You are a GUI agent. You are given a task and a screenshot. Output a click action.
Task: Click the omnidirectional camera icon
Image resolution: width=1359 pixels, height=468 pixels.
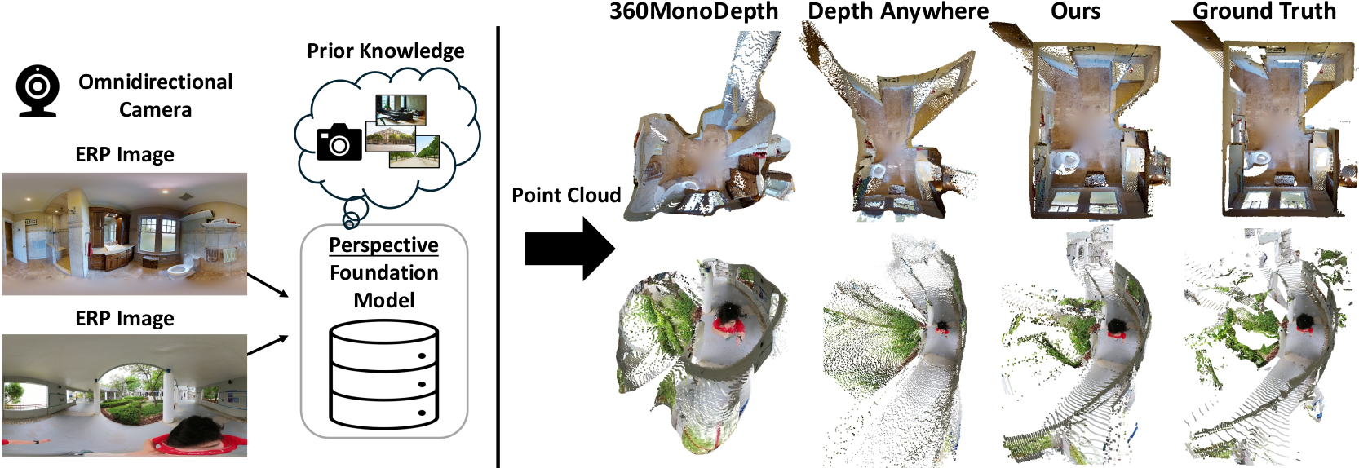pos(38,91)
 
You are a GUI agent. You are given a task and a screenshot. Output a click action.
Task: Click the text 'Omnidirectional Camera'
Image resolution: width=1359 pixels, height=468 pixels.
pos(155,95)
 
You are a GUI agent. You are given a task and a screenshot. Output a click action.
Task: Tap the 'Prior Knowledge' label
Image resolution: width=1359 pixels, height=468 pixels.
pos(385,51)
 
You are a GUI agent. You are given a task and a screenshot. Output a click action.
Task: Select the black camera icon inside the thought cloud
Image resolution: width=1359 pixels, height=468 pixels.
pos(339,143)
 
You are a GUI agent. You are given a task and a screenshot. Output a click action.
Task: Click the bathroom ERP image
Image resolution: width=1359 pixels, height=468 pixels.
pos(124,233)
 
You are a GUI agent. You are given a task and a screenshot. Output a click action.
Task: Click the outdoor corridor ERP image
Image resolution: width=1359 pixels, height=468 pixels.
pos(124,395)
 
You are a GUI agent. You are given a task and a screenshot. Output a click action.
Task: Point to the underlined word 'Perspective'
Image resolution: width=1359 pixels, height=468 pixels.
pos(383,245)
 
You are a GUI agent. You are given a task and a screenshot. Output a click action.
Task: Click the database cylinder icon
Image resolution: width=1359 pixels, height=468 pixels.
pos(383,374)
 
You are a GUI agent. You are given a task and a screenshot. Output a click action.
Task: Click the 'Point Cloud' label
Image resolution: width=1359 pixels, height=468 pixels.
pos(566,196)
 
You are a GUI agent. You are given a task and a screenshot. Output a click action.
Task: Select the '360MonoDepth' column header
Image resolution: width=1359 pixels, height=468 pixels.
pos(693,11)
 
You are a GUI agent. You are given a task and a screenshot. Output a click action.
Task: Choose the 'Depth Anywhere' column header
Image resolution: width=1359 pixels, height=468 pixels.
pos(897,11)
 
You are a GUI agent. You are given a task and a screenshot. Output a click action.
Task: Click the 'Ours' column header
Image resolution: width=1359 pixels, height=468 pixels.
pos(1075,11)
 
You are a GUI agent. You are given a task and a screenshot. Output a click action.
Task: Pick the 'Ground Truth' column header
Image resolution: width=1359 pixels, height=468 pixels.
pos(1264,11)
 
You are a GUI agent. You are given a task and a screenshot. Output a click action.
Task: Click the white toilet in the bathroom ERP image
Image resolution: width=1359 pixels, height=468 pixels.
pos(181,264)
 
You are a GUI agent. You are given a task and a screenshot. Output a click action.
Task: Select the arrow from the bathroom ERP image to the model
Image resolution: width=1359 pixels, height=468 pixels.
pos(268,285)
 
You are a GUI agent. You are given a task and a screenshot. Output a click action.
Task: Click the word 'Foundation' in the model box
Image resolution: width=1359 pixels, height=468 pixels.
pos(383,272)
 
